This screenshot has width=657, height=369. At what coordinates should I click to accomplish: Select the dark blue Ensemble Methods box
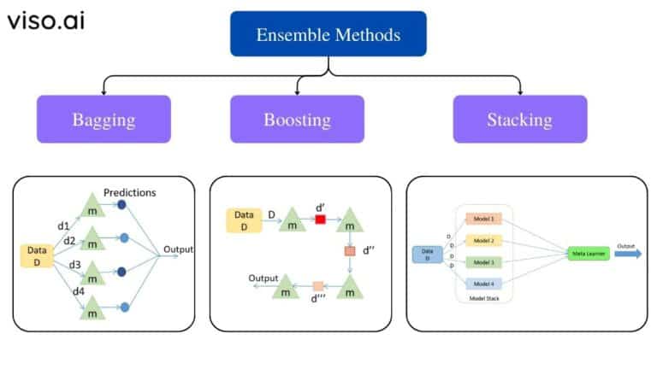(x=328, y=34)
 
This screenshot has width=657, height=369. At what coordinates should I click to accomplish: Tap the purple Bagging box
(x=103, y=119)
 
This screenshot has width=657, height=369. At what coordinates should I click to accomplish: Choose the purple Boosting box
(x=297, y=119)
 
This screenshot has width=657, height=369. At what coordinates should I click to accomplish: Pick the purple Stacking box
(x=519, y=119)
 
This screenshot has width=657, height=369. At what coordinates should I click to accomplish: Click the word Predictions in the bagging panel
(x=129, y=192)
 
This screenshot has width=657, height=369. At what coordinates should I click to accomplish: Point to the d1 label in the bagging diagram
(x=64, y=226)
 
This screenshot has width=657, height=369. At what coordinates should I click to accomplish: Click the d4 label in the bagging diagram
(x=79, y=291)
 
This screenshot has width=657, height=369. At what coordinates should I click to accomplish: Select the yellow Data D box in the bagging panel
(x=37, y=256)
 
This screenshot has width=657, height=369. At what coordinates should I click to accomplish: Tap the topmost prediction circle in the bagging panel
(x=122, y=205)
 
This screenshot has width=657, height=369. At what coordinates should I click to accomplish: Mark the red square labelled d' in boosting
(x=320, y=220)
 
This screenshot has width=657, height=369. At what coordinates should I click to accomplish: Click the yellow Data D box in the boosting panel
(x=243, y=220)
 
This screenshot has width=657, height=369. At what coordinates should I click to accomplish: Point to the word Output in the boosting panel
(x=264, y=278)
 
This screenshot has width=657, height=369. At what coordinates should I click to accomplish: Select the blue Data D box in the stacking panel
(x=425, y=254)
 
